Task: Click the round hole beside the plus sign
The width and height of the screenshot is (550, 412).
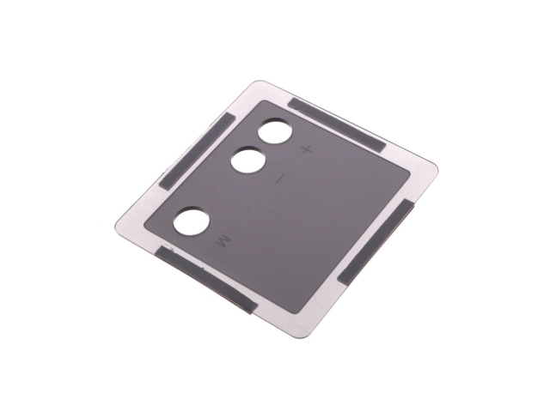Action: pyautogui.click(x=275, y=131)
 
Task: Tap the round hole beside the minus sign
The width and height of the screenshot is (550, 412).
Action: pyautogui.click(x=248, y=161)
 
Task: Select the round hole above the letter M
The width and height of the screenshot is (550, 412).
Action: pyautogui.click(x=192, y=221)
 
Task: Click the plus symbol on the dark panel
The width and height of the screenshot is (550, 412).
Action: pyautogui.click(x=307, y=150)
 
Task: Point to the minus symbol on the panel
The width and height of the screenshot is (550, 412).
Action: pyautogui.click(x=279, y=179)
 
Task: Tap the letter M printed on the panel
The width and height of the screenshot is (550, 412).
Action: pyautogui.click(x=223, y=241)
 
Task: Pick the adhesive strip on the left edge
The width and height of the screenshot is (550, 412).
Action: pyautogui.click(x=198, y=151)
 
